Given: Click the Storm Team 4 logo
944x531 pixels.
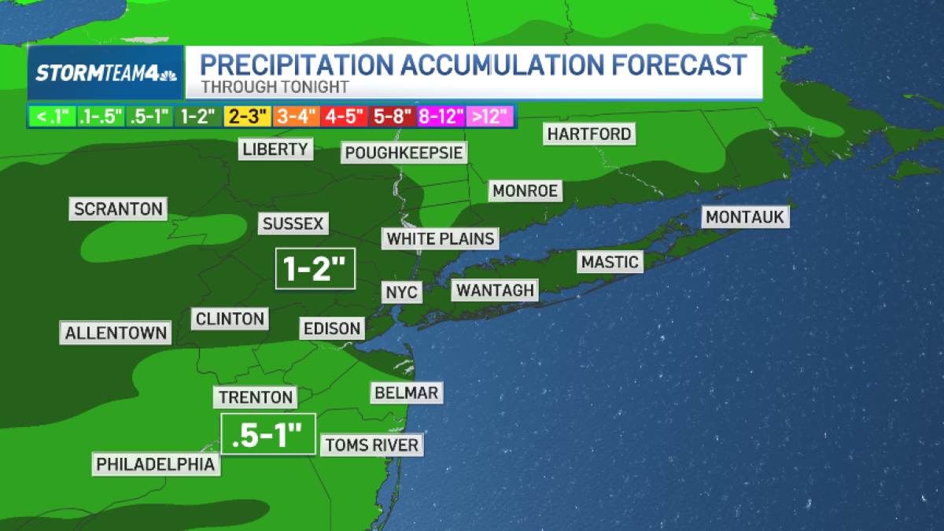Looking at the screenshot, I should pos(106,73).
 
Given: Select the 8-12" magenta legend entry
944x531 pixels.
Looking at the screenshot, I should pos(441,116).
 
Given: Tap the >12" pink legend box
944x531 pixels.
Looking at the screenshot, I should pos(490,116).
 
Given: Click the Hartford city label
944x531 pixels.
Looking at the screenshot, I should pos(589,134).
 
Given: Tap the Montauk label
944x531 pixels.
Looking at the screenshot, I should pos(745,217).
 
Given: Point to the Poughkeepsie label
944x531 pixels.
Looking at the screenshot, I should pos(404,152).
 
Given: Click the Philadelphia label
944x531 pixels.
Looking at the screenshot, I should pos(156,464).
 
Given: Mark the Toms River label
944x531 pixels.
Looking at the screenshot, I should pos(371,445).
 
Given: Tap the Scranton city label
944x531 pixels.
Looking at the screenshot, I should pos(118,209).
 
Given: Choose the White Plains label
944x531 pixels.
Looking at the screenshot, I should pos(441,238).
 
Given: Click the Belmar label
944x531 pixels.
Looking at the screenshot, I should pos(406,392).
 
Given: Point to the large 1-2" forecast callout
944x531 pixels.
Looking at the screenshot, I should pos(315,268).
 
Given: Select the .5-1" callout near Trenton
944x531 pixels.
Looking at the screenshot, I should pos(267,433).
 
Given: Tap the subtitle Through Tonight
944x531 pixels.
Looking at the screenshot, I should pos(275,87).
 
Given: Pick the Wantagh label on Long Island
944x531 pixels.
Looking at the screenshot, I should pos(495,290).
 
